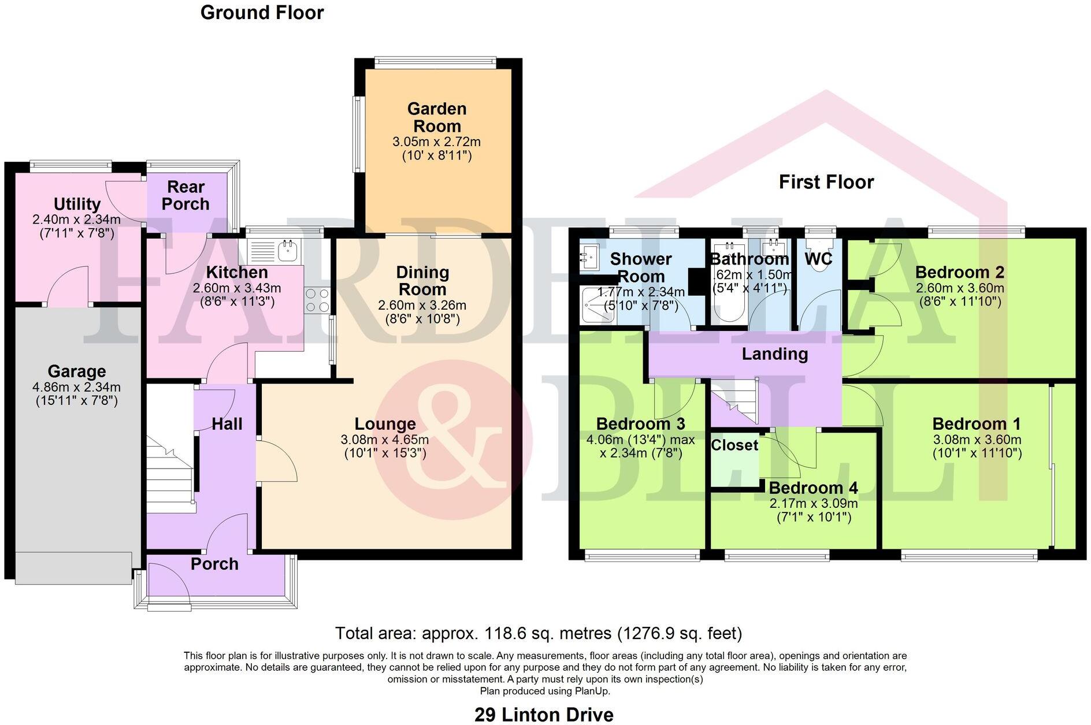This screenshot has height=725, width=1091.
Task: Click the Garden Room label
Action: (436, 117)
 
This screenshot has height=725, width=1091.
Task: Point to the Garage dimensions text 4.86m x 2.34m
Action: (76, 387)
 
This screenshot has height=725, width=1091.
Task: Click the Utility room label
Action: (77, 204)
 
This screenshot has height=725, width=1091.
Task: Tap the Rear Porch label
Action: (185, 195)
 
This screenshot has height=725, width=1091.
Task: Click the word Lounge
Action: (385, 424)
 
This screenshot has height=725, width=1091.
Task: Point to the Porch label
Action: (214, 564)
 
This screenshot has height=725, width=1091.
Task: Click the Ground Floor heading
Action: (262, 13)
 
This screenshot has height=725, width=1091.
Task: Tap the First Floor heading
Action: (826, 182)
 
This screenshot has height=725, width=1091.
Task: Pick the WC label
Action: (818, 259)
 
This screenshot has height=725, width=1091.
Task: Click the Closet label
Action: (734, 445)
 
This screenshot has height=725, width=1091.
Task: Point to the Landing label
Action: (774, 354)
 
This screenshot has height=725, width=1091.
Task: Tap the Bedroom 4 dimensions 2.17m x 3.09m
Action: (813, 503)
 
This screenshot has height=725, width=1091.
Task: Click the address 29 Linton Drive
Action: (544, 715)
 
